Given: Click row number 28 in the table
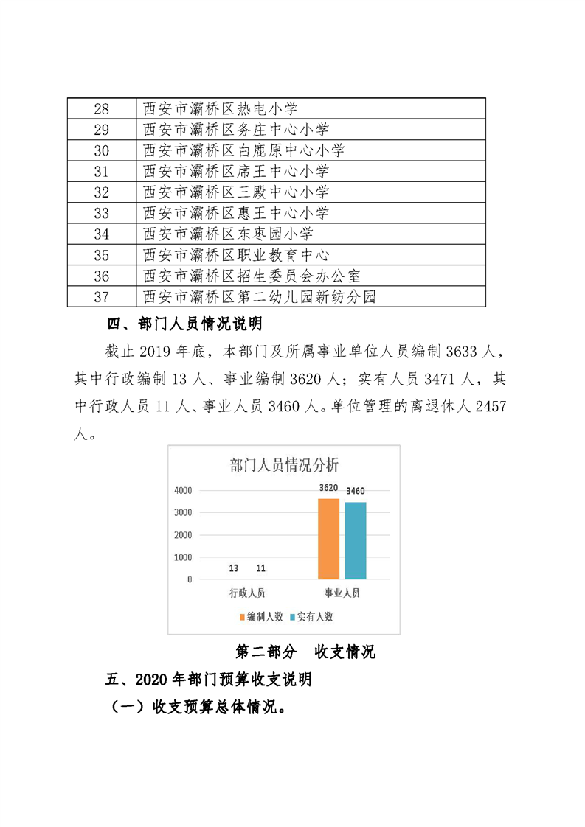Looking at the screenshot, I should (102, 109).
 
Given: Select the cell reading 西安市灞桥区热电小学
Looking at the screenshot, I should (221, 109).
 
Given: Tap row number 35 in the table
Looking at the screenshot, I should (102, 255).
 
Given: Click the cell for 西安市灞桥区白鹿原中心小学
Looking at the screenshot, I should (243, 151).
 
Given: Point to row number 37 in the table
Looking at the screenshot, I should (102, 297).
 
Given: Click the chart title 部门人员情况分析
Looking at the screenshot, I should (284, 465).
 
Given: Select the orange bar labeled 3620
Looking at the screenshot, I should (328, 539).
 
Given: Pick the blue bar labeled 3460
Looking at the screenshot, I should (356, 540).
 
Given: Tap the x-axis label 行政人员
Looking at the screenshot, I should (246, 593).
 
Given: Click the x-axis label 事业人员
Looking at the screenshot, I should (342, 593).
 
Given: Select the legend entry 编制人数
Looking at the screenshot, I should (262, 617).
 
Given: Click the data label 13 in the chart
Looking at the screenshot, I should (233, 568).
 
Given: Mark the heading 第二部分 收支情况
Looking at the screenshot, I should (305, 652).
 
